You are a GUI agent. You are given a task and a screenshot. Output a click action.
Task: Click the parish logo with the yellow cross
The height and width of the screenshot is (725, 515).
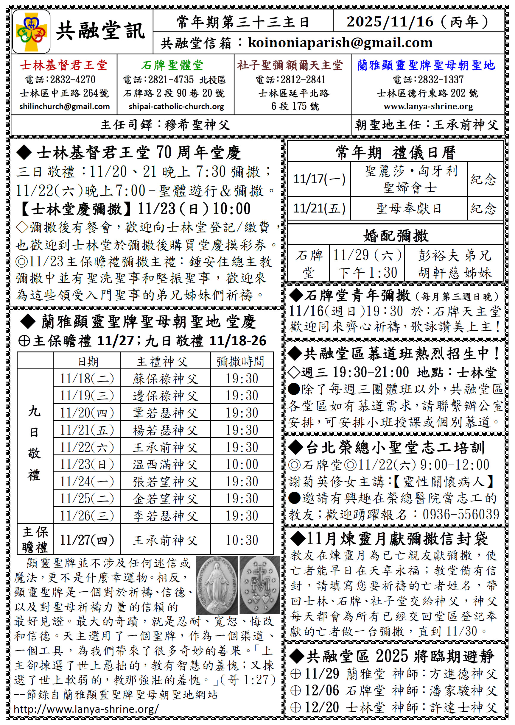tap(31, 31)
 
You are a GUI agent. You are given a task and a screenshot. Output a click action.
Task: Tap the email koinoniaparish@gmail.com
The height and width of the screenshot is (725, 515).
tap(340, 43)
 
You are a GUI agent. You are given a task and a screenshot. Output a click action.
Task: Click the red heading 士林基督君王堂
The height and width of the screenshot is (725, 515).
tap(64, 65)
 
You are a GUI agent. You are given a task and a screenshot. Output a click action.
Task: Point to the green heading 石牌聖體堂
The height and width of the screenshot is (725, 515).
tap(172, 65)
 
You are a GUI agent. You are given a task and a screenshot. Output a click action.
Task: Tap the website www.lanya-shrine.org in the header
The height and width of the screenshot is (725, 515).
tap(428, 107)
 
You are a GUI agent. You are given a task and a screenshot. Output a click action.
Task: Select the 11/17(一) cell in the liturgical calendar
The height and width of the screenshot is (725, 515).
tap(319, 179)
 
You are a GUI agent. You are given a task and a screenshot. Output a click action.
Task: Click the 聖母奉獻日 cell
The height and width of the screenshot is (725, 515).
tap(409, 208)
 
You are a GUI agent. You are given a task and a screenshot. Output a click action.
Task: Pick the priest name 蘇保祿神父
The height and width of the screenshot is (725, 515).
tap(165, 378)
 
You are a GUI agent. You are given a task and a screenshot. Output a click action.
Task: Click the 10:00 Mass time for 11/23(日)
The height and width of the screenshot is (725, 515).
tap(242, 464)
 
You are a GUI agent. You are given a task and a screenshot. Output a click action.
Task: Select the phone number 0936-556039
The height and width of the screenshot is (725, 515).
tap(461, 514)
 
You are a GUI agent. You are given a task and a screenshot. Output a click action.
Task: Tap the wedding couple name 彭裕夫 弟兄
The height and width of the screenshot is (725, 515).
tap(454, 255)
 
